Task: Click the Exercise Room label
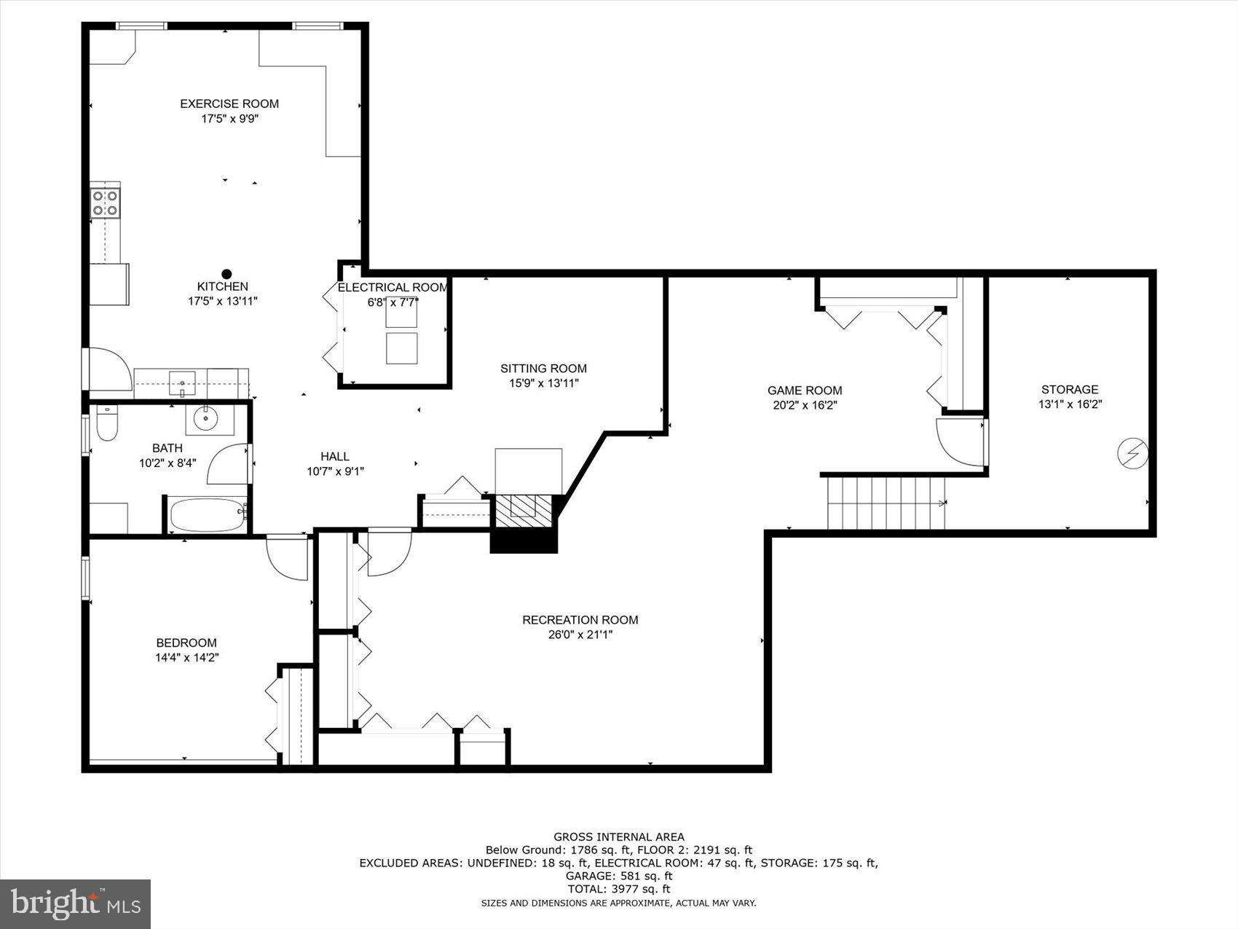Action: [229, 103]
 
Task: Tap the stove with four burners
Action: [105, 203]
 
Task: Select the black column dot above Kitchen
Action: [226, 274]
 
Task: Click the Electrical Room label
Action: [393, 288]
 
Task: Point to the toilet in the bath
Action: [107, 424]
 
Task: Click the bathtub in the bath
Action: [207, 515]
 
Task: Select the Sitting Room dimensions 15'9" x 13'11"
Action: [543, 383]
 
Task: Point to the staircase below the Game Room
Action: [886, 503]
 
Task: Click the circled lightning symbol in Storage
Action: [1133, 454]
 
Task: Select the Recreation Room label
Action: [580, 620]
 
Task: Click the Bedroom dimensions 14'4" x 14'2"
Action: [187, 657]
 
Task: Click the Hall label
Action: [335, 457]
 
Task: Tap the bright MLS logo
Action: [76, 903]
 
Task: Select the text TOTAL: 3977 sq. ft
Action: [619, 889]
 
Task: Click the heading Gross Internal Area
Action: [619, 837]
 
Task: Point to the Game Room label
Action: [805, 391]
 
